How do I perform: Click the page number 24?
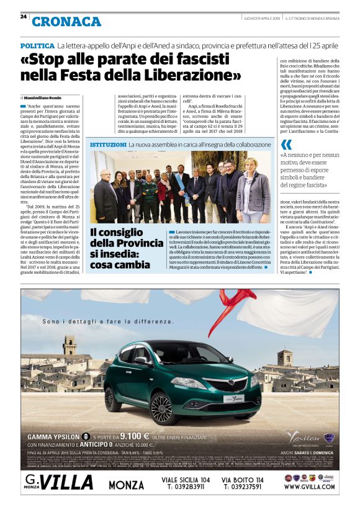[x=23, y=17]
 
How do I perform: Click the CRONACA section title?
[x=66, y=22]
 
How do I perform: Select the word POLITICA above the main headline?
[x=37, y=47]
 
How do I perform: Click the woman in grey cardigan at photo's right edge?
[x=252, y=193]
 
